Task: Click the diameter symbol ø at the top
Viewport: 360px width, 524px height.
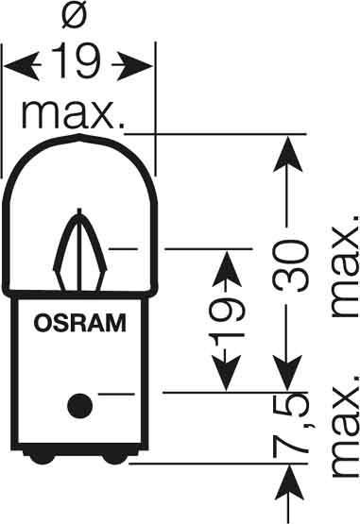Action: (x=77, y=16)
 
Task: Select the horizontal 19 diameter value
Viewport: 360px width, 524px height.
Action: (x=77, y=65)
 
